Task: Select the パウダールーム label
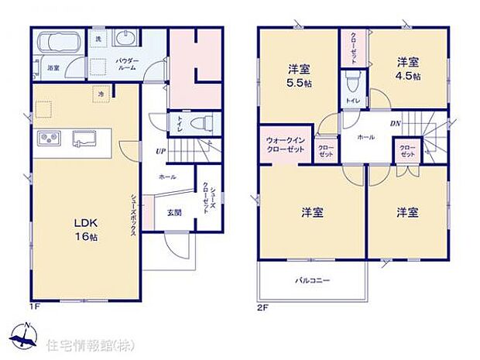pos(127,63)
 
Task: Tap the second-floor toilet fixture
pos(353,81)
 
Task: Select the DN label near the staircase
pos(394,124)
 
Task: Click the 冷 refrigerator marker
pos(101,94)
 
